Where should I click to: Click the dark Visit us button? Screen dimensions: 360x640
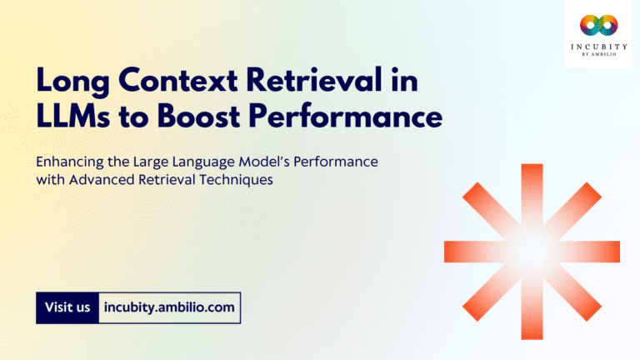67,307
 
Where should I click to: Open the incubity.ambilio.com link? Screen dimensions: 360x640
169,307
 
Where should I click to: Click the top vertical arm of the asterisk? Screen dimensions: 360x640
532,192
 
